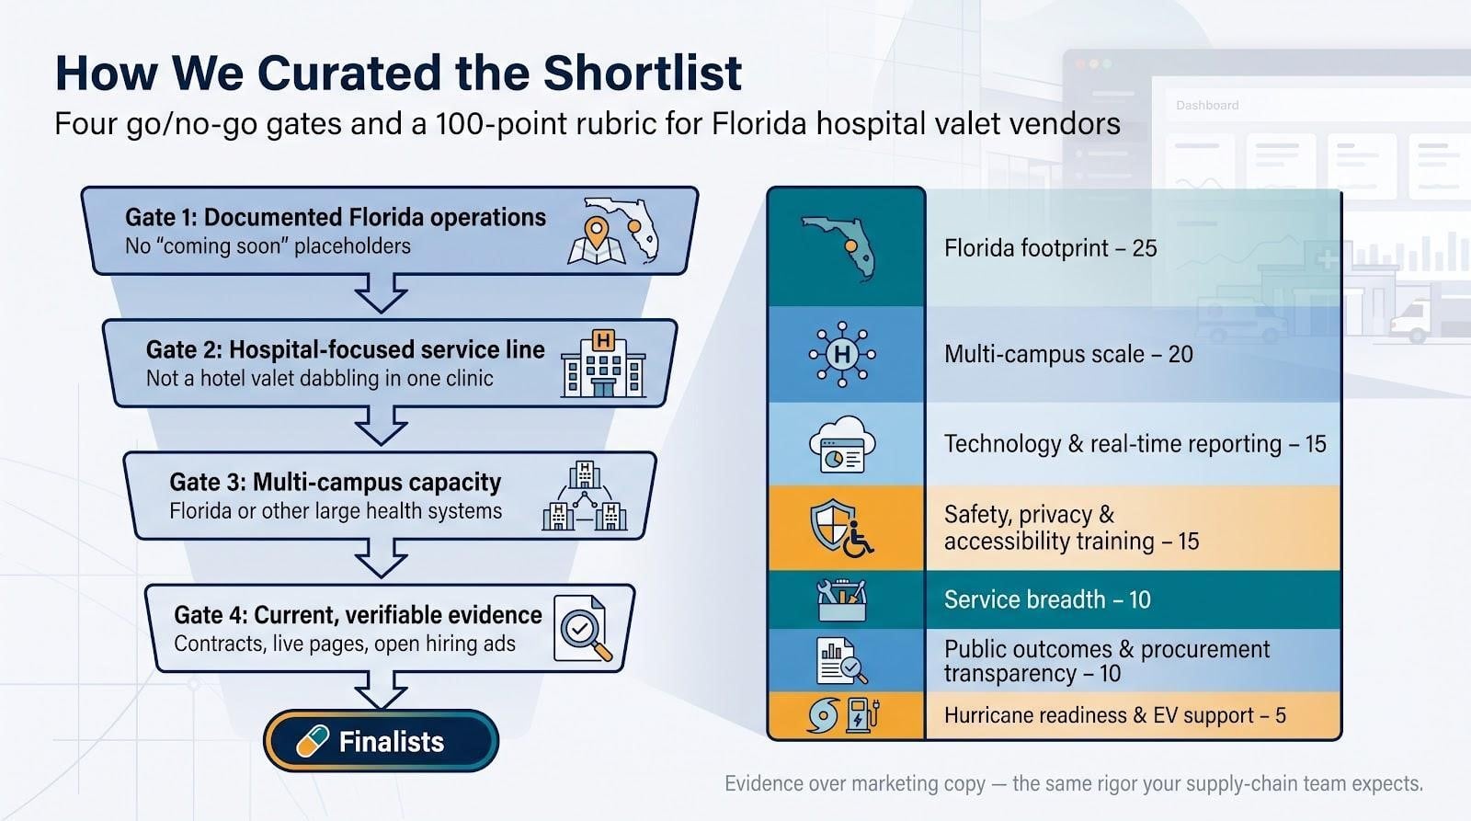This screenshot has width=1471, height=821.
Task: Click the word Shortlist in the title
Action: [643, 73]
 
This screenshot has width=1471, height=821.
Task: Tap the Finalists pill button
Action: [381, 741]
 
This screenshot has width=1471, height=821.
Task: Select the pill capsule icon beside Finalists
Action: [313, 741]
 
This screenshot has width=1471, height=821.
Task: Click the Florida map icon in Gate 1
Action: [613, 231]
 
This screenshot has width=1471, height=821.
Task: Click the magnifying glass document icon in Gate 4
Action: [583, 629]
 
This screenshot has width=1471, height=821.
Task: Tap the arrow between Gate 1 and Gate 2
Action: [381, 293]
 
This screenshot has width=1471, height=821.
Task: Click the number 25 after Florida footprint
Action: [1145, 248]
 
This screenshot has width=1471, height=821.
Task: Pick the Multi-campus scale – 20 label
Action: [1068, 354]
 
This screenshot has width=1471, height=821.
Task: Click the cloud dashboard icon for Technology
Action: [842, 444]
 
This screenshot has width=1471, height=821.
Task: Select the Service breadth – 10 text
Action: [1047, 599]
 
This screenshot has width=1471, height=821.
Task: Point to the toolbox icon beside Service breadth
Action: [842, 599]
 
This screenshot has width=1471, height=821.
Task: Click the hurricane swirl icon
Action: [824, 715]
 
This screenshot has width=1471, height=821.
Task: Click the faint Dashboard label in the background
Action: [1207, 105]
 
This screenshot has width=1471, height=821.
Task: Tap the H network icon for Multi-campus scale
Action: [842, 354]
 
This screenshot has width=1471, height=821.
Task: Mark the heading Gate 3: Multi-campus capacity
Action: [335, 482]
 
